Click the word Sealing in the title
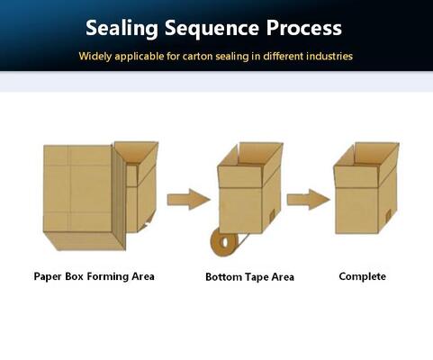coord(122,29)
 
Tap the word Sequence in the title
coord(212,29)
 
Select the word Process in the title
coord(304,28)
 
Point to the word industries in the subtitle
coord(329,56)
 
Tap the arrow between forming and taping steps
coord(189,199)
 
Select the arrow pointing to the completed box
coord(309,200)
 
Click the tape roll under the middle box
coord(224,241)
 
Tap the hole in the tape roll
coord(223,242)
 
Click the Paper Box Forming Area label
coord(94,276)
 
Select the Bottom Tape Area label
coord(249,277)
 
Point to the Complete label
coord(362,276)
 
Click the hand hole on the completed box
coord(388,215)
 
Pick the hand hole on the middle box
coord(272,215)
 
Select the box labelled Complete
coord(366,188)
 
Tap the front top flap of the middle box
coord(240,176)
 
